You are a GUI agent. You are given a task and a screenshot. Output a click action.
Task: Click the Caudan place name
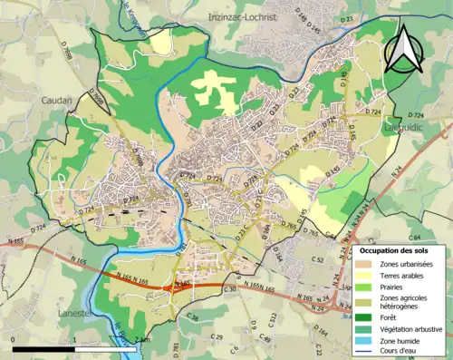(55, 102)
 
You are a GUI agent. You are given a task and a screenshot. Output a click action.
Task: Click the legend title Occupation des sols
(394, 249)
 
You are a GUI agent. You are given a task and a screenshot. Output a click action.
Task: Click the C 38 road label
(192, 317)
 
